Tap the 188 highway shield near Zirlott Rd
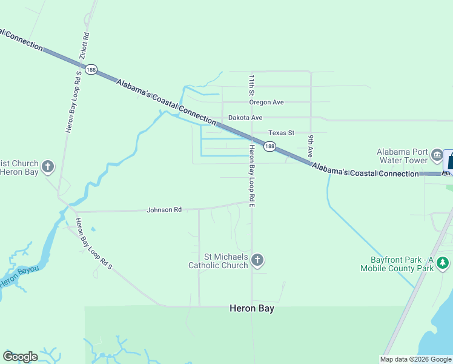[x=91, y=70]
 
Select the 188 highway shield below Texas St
[x=269, y=146]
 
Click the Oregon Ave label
[x=266, y=103]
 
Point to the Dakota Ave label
[x=245, y=118]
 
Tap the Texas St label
[x=281, y=133]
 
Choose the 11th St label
[x=251, y=86]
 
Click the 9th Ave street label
[x=310, y=146]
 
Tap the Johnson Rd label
[x=164, y=210]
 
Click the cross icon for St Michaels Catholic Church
[x=257, y=261]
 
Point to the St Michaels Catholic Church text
[x=218, y=261]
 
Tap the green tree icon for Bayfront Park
[x=443, y=263]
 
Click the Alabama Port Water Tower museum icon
[x=437, y=157]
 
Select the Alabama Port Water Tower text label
[x=402, y=157]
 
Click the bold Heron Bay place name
[x=252, y=308]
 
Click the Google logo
[x=20, y=356]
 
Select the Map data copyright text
[x=415, y=359]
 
